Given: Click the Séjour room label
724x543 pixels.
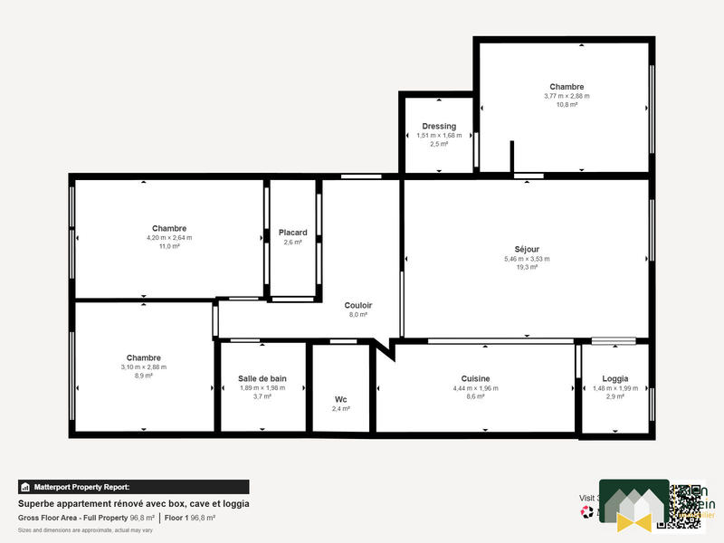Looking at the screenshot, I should (527, 249).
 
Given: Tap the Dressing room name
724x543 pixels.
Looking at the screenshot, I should (439, 126).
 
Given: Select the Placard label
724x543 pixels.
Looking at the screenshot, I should (292, 233).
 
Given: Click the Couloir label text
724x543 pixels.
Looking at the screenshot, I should (357, 305).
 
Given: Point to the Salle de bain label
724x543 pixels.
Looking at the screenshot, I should (262, 378).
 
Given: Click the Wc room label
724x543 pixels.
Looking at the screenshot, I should (340, 399).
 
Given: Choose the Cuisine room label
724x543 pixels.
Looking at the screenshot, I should (475, 379).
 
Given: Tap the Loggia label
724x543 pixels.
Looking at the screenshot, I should (614, 379).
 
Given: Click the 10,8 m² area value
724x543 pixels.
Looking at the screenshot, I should (567, 104).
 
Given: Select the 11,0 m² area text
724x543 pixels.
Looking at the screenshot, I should (169, 246).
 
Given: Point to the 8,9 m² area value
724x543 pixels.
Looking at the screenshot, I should (144, 376).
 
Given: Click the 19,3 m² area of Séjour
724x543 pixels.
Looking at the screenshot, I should (527, 267).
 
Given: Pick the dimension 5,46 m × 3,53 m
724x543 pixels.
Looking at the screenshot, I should (527, 259).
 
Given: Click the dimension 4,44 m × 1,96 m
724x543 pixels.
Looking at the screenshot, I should (475, 388).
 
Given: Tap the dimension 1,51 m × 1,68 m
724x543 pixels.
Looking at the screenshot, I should (439, 135).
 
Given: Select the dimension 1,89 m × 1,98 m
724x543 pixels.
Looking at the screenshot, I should (262, 387).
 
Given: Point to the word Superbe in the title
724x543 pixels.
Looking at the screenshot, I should (35, 504).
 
